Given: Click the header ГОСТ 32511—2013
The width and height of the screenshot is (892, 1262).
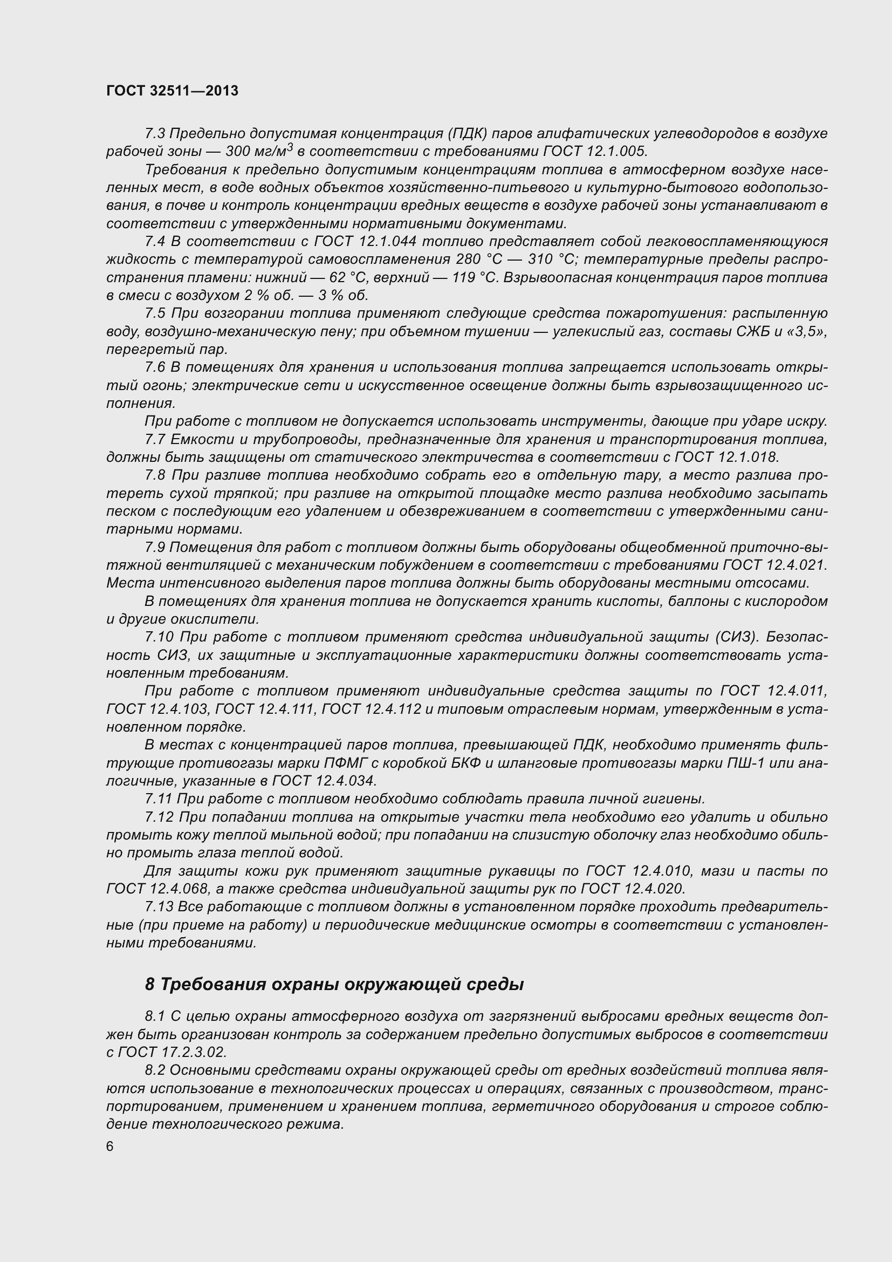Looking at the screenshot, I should click(x=172, y=91).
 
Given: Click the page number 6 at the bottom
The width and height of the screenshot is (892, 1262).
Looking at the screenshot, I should click(x=110, y=1146).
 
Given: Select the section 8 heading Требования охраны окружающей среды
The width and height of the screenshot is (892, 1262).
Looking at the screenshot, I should click(x=334, y=984).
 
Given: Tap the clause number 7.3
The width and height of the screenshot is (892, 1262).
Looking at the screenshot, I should click(x=155, y=134).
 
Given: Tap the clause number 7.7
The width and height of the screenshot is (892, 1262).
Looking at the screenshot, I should click(x=155, y=439).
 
